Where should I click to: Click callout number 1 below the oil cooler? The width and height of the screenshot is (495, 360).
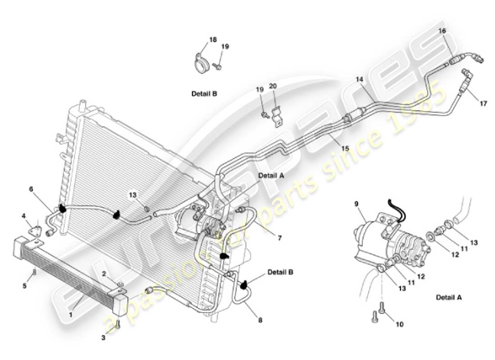[x=71, y=315]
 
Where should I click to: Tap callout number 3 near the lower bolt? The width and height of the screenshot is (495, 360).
[x=103, y=337]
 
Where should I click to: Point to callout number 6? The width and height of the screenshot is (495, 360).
[x=31, y=189]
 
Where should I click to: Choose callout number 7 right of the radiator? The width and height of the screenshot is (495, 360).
[x=279, y=238]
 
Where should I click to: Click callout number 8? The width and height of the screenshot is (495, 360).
[x=260, y=320]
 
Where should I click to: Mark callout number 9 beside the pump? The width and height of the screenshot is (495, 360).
[x=356, y=203]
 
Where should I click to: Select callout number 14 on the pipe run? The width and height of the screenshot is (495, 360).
[x=359, y=79]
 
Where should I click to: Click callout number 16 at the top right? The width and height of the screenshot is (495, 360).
[x=442, y=31]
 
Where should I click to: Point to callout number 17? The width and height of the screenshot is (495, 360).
[x=483, y=103]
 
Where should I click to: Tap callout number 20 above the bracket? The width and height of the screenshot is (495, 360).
[x=273, y=86]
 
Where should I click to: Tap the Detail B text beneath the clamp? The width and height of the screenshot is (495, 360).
[x=204, y=94]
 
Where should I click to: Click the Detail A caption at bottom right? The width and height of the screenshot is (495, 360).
[x=449, y=297]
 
